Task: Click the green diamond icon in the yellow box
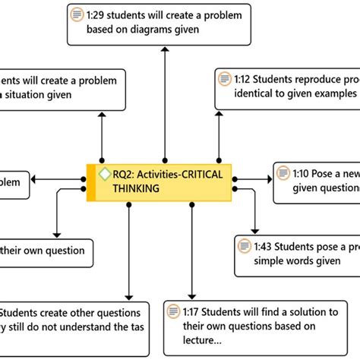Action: [105, 174]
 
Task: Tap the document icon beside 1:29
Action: [77, 14]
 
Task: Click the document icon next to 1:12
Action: [224, 79]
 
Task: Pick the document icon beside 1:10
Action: [282, 174]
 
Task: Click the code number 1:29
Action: [96, 14]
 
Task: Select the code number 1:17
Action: [193, 312]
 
